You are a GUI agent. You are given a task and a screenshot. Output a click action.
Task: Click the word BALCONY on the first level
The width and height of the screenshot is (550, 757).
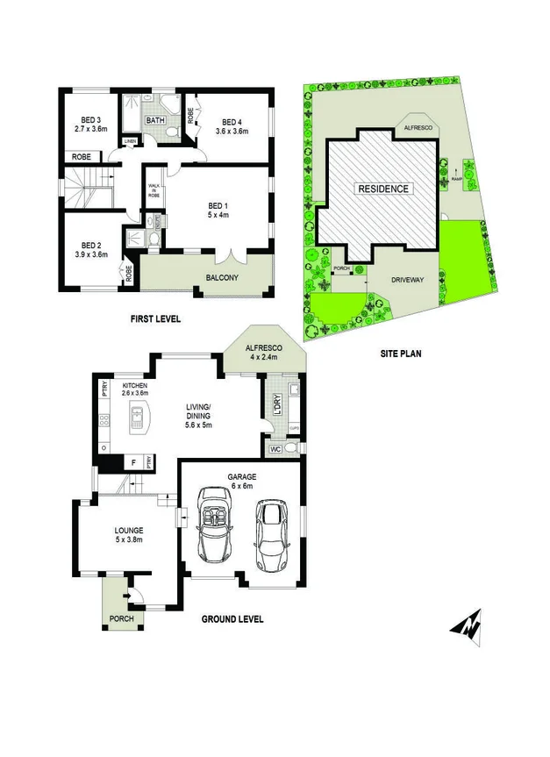coord(222,279)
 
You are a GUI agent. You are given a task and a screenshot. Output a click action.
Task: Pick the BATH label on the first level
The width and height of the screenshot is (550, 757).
coord(156,120)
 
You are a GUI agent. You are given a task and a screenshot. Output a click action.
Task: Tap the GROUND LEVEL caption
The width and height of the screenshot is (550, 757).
coord(232,619)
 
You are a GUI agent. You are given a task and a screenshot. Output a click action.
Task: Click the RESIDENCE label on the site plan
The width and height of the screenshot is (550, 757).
coord(382,189)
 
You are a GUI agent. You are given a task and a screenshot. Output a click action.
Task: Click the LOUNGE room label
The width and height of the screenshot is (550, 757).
coord(128,534)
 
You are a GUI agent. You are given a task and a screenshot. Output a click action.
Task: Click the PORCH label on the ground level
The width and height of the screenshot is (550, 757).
coord(121,618)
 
